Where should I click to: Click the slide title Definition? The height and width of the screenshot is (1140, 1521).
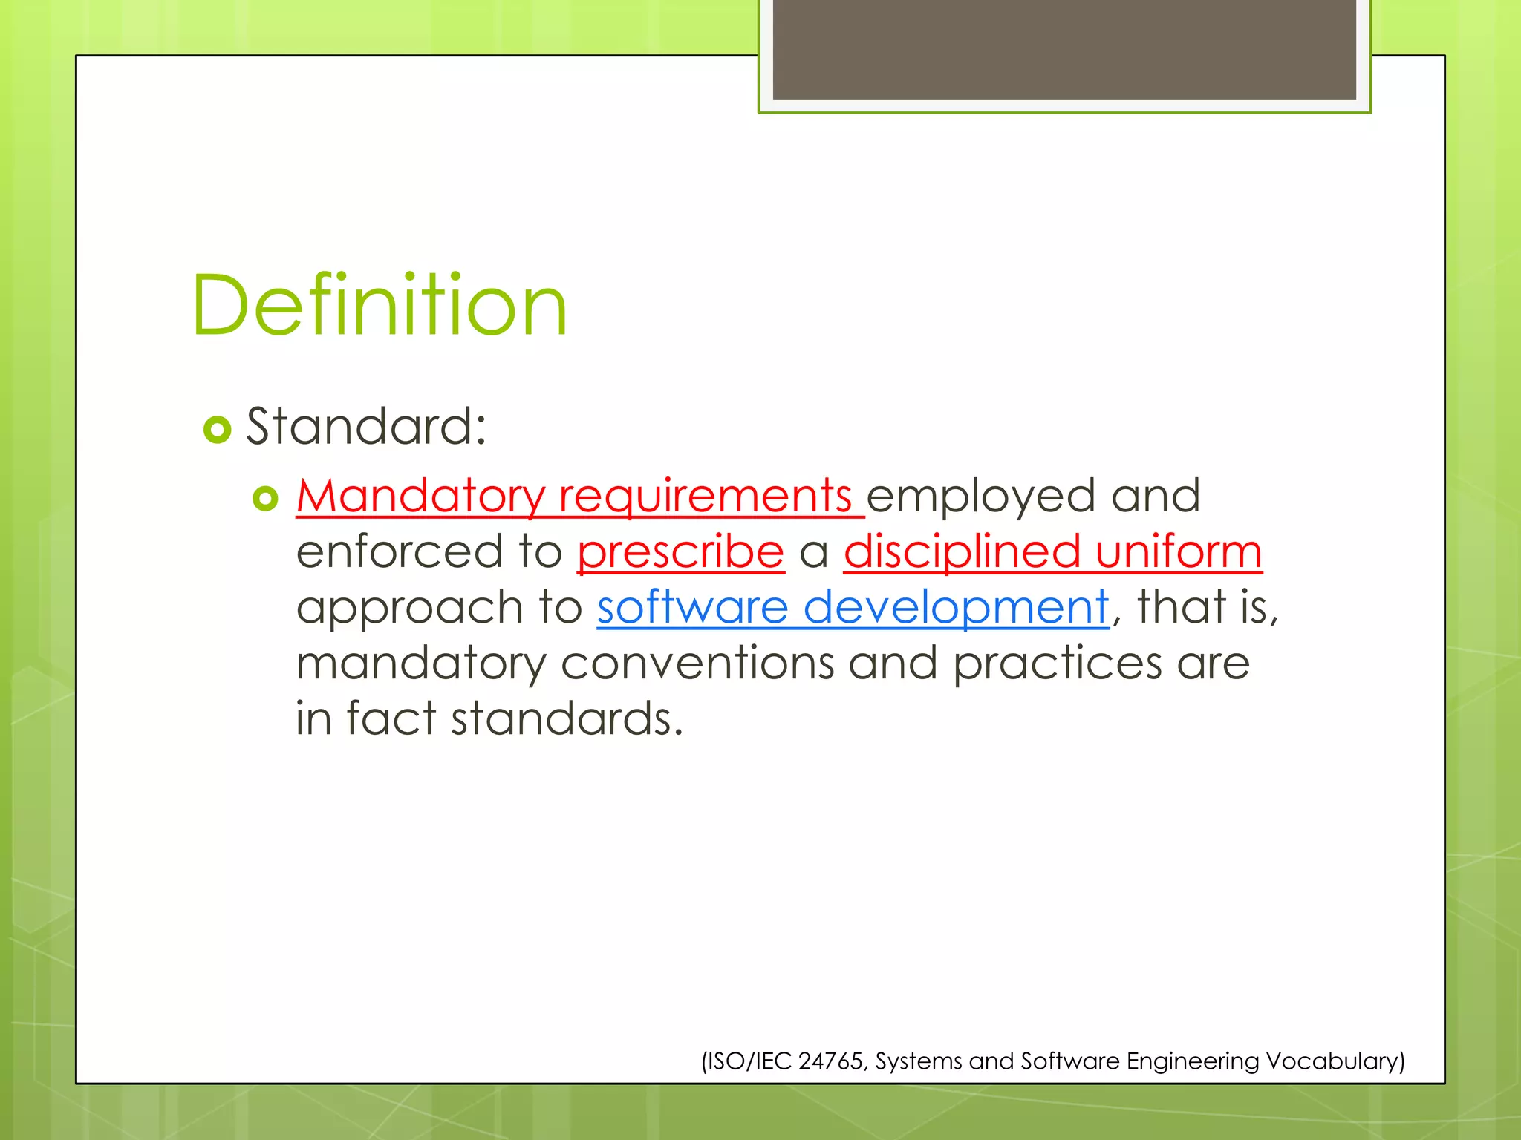pyautogui.click(x=380, y=306)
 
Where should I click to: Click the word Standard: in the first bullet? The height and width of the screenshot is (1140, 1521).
pyautogui.click(x=366, y=427)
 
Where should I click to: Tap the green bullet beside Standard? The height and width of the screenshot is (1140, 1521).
pyautogui.click(x=218, y=429)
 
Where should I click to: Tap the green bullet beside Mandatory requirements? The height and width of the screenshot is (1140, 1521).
pyautogui.click(x=265, y=498)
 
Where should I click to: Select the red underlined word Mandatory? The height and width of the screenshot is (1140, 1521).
pyautogui.click(x=420, y=496)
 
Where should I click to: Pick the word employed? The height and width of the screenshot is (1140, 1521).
pyautogui.click(x=980, y=496)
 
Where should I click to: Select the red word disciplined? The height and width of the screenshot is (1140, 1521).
pyautogui.click(x=962, y=551)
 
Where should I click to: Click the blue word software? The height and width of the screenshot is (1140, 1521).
pyautogui.click(x=692, y=607)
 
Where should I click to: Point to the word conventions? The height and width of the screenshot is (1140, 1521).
pyautogui.click(x=697, y=663)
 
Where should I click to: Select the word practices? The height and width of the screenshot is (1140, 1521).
pyautogui.click(x=1057, y=663)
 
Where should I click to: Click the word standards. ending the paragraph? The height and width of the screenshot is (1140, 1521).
pyautogui.click(x=567, y=718)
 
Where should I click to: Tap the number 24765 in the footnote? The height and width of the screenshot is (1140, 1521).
pyautogui.click(x=830, y=1061)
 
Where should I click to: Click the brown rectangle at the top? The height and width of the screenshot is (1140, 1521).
pyautogui.click(x=1064, y=49)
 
